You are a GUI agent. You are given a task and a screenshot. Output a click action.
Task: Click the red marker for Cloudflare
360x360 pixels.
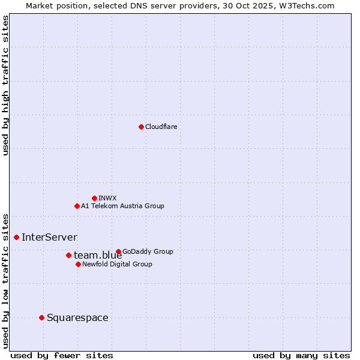(x=141, y=127)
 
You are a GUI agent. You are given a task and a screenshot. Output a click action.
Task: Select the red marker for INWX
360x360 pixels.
(x=94, y=198)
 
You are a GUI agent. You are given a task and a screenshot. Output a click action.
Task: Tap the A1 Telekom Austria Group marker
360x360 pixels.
(x=77, y=206)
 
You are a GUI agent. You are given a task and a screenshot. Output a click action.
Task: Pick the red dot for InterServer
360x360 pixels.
(x=16, y=237)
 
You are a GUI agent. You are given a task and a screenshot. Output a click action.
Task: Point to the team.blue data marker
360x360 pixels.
(x=68, y=255)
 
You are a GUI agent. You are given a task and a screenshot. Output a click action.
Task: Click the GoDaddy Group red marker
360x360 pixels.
(x=118, y=251)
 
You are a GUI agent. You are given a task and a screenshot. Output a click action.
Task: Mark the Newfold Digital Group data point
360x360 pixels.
(x=78, y=264)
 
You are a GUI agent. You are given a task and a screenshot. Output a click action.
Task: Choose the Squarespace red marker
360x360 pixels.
(x=41, y=317)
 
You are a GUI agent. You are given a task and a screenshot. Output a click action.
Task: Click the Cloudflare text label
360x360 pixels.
(x=161, y=127)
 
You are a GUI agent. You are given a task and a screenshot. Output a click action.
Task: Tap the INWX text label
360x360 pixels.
(x=107, y=198)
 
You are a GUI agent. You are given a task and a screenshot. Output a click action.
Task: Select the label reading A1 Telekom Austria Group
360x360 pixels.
(x=122, y=206)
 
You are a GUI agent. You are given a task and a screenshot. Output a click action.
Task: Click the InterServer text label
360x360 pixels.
(x=49, y=237)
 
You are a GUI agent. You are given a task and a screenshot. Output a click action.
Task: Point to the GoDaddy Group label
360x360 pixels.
(x=148, y=251)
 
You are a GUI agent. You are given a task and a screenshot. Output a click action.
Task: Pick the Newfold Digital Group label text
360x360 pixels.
(x=117, y=264)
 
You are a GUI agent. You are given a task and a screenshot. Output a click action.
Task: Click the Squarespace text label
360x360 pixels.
(x=77, y=317)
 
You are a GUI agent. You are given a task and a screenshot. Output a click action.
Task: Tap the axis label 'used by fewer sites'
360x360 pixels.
(x=62, y=355)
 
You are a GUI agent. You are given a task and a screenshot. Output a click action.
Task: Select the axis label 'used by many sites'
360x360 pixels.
(x=301, y=355)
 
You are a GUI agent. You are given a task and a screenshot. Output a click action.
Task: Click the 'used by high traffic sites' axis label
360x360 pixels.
(x=6, y=85)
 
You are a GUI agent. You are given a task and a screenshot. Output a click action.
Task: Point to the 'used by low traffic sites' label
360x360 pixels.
(x=6, y=280)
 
